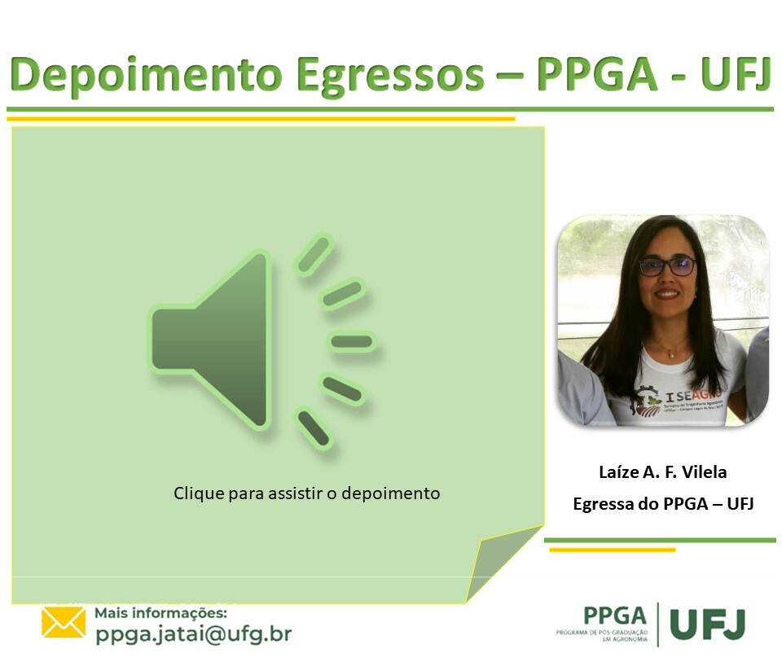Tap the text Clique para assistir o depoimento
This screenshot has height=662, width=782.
coord(306,493)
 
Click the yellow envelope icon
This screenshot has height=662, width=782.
coord(64,623)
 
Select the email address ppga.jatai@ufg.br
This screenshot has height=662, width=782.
coord(193,634)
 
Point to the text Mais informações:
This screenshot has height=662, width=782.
coord(161,612)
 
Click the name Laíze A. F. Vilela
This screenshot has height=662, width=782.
coord(662,471)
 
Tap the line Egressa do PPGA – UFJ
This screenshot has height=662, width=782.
coord(663,504)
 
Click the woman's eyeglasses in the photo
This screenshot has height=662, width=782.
coord(667,265)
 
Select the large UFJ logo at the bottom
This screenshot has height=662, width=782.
coord(707,624)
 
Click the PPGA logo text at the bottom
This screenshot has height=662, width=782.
coord(614,616)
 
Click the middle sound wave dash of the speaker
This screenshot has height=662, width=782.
coord(352,341)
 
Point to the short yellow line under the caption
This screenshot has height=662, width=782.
coord(612,550)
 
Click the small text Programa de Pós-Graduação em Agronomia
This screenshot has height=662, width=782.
coord(602,636)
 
